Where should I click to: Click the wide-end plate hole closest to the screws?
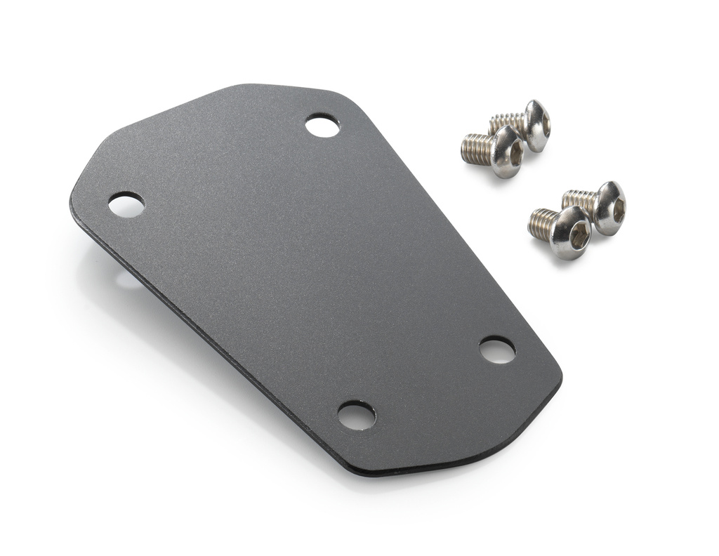pyautogui.click(x=322, y=126)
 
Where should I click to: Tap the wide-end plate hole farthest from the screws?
pyautogui.click(x=126, y=204)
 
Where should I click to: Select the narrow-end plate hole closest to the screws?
pyautogui.click(x=497, y=350)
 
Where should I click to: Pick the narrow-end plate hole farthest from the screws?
pyautogui.click(x=357, y=416)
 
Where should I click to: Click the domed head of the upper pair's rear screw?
pyautogui.click(x=537, y=125)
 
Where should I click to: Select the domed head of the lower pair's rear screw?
pyautogui.click(x=610, y=207)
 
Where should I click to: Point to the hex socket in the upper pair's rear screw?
pyautogui.click(x=545, y=126)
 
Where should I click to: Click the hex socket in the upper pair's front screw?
pyautogui.click(x=516, y=152)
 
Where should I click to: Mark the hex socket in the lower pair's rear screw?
pyautogui.click(x=619, y=208)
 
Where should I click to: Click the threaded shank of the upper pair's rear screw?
pyautogui.click(x=506, y=122)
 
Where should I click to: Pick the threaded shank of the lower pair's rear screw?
pyautogui.click(x=579, y=199)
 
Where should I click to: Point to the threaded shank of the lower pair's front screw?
pyautogui.click(x=543, y=224)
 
